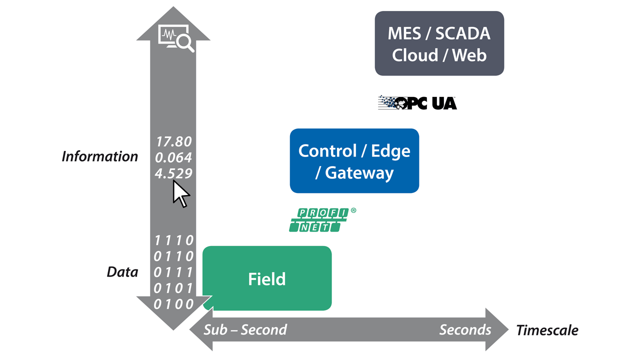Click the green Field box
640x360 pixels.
click(x=267, y=278)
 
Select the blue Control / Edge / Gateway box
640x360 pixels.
click(x=354, y=161)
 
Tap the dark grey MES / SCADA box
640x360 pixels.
click(x=439, y=43)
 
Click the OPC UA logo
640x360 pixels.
click(x=417, y=102)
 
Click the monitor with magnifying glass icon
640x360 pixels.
click(x=175, y=38)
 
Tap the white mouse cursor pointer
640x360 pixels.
click(x=180, y=194)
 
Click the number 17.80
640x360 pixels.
click(x=173, y=141)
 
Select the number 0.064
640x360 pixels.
click(x=173, y=157)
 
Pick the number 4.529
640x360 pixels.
click(x=173, y=173)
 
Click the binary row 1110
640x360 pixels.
click(x=173, y=240)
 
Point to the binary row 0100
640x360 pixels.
click(x=173, y=304)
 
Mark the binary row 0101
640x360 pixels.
click(x=173, y=288)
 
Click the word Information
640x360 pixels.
click(x=100, y=156)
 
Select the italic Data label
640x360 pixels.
click(x=122, y=272)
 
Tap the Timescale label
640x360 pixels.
click(x=547, y=330)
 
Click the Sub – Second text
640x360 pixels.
click(x=245, y=330)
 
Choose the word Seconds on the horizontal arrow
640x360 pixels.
click(x=465, y=330)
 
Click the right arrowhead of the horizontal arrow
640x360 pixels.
click(x=497, y=330)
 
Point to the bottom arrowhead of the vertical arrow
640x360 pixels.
click(x=173, y=320)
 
